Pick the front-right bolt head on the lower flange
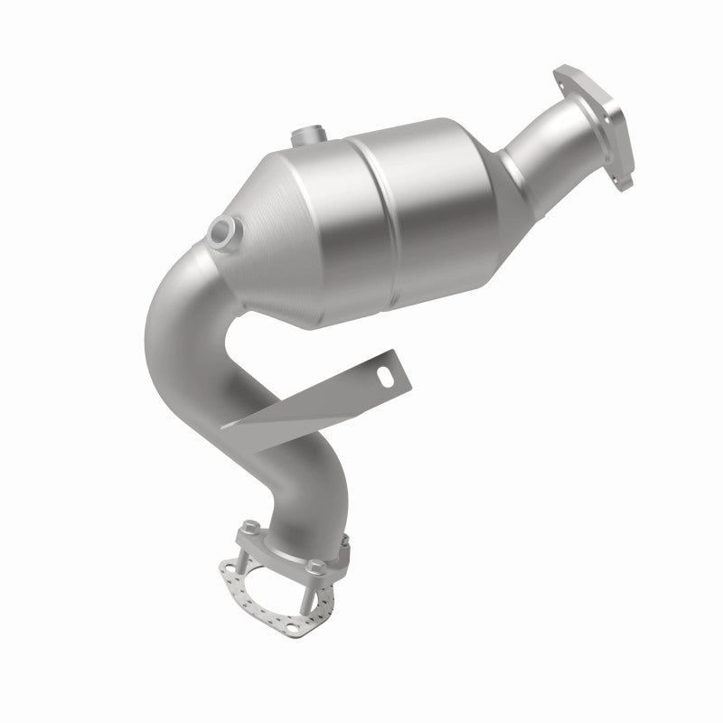coord(314,568)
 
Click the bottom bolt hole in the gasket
coord(302,624)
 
